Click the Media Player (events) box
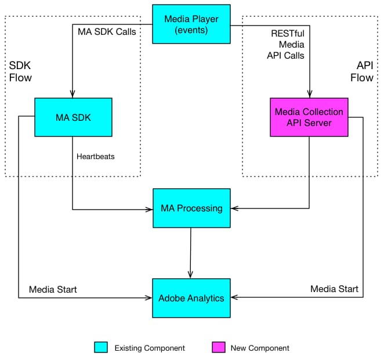(x=191, y=24)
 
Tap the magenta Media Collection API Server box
(x=309, y=117)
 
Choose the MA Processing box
(x=191, y=208)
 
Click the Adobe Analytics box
(x=191, y=298)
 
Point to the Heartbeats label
(x=96, y=156)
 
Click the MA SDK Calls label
(x=107, y=31)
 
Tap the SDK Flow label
(x=20, y=71)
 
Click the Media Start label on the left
(x=53, y=289)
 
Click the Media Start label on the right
(x=334, y=289)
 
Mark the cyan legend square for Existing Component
(x=101, y=348)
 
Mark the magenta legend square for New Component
(x=218, y=348)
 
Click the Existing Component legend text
(x=150, y=348)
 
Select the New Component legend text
(x=259, y=348)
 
